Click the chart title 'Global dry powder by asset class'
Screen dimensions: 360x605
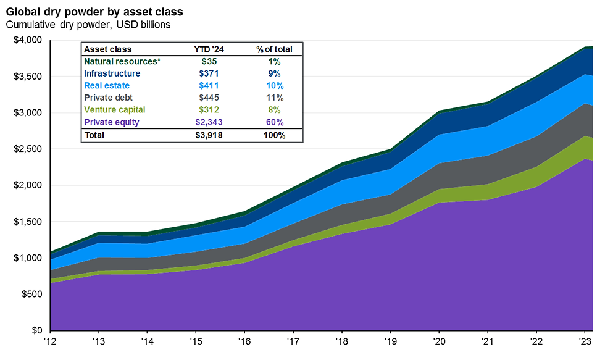pos(94,12)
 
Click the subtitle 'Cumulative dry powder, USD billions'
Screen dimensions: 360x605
pos(88,25)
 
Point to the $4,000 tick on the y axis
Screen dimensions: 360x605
pos(27,40)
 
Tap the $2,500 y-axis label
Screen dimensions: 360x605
pos(27,149)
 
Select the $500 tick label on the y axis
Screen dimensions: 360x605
pos(30,295)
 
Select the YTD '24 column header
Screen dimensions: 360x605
pos(207,49)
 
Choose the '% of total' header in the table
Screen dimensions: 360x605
pos(274,49)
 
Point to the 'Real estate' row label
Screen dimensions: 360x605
pos(107,85)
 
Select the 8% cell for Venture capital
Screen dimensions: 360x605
pos(274,110)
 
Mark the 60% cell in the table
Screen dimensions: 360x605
pos(274,122)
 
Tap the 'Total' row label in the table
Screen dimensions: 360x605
pos(94,135)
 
